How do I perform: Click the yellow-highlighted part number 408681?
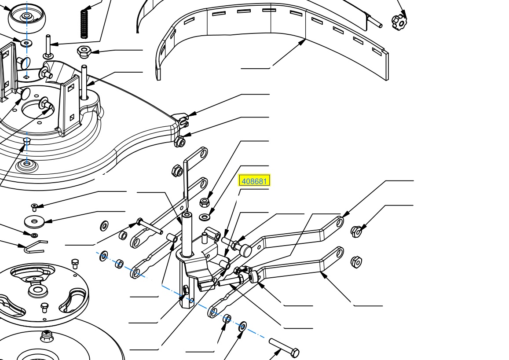[x=254, y=181]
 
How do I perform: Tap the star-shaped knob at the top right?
[x=399, y=22]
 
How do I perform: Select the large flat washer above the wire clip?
[x=34, y=221]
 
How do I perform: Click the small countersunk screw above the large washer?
[x=34, y=206]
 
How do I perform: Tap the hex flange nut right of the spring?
[x=84, y=51]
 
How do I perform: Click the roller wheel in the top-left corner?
[x=27, y=18]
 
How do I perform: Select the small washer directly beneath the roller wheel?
[x=26, y=43]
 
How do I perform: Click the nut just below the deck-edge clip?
[x=179, y=142]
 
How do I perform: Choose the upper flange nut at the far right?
[x=356, y=231]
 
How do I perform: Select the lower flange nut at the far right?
[x=356, y=262]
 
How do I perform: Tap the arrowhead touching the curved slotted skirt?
[x=302, y=41]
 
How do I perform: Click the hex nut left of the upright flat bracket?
[x=177, y=170]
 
